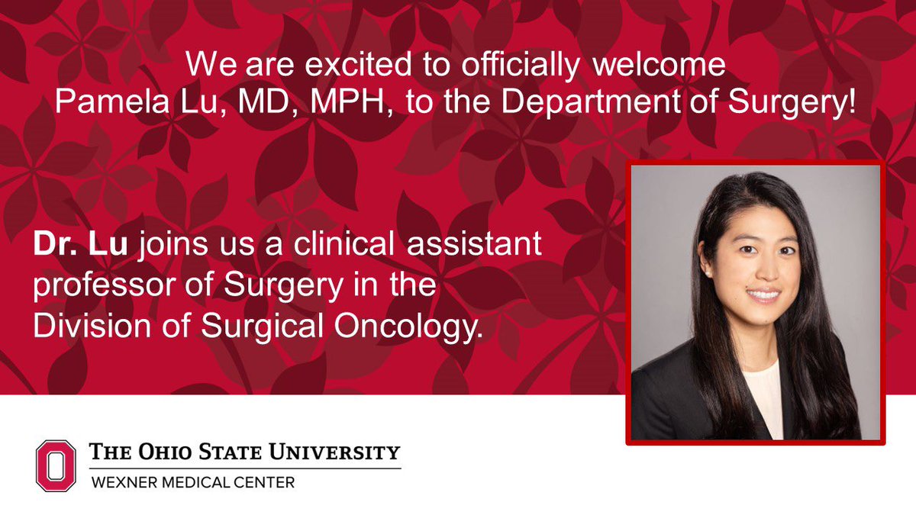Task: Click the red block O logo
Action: (x=56, y=465)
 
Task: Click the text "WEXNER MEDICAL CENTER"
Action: (x=192, y=482)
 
